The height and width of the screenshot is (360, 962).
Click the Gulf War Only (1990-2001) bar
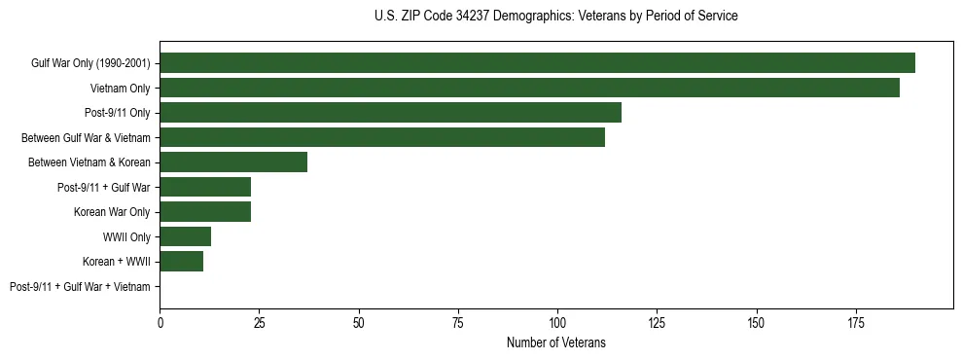click(x=537, y=63)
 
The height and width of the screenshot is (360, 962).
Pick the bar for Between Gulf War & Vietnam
click(x=382, y=137)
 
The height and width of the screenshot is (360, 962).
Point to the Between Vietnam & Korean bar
click(x=233, y=162)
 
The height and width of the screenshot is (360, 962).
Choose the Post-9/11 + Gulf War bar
click(x=205, y=187)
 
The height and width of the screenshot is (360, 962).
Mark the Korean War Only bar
click(x=205, y=212)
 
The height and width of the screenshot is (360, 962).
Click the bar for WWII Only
click(x=186, y=236)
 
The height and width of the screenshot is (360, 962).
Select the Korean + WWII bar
click(x=182, y=262)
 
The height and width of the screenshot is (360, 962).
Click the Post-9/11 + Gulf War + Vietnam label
click(x=80, y=287)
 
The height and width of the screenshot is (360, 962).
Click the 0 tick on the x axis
click(x=160, y=322)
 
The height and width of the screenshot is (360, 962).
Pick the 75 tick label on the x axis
click(x=458, y=322)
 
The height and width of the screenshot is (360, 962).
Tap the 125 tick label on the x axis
click(x=657, y=322)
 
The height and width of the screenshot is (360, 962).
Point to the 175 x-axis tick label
click(x=856, y=322)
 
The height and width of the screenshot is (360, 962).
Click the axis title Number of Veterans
click(x=556, y=342)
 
